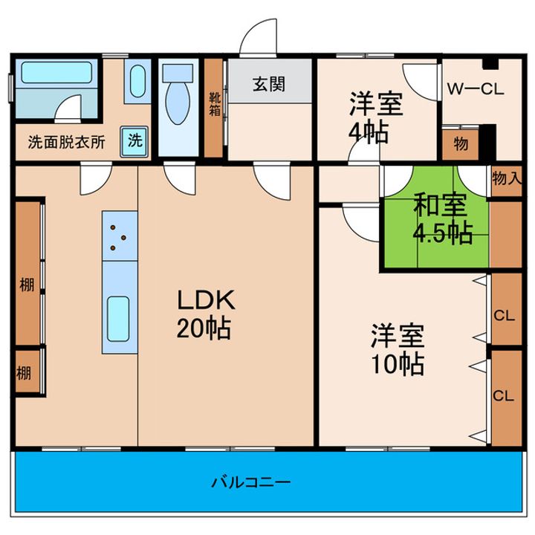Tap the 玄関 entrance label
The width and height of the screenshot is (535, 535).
pos(268,85)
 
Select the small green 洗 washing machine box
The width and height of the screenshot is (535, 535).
pos(134,140)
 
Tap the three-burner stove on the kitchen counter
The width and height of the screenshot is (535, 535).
pos(120,235)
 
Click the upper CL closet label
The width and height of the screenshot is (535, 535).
pos(504,316)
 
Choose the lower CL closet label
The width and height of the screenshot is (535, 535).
pos(504,395)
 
